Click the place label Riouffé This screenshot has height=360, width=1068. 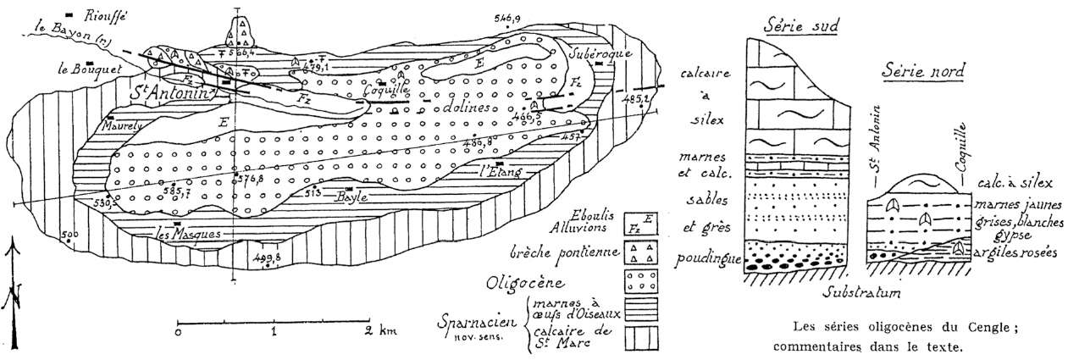pyautogui.click(x=109, y=14)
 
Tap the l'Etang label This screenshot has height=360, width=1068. pyautogui.click(x=500, y=172)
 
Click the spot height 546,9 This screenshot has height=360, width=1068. pyautogui.click(x=507, y=16)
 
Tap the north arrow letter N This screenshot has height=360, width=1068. pyautogui.click(x=13, y=296)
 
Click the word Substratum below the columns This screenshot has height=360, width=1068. pyautogui.click(x=859, y=293)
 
